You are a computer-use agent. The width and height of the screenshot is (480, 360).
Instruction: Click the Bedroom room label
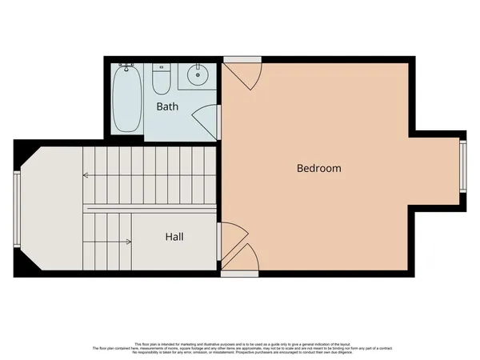[318, 169]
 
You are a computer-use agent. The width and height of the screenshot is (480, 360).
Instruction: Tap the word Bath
[167, 106]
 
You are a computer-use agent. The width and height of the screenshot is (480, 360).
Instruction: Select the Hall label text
[175, 237]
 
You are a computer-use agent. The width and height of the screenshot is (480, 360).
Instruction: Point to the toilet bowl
[161, 85]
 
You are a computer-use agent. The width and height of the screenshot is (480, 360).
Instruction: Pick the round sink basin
[197, 77]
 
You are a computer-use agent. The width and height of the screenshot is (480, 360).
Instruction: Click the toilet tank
[161, 68]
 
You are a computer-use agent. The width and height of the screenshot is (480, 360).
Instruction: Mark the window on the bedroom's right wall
[462, 166]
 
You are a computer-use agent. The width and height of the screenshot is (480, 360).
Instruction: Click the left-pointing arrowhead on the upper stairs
[86, 174]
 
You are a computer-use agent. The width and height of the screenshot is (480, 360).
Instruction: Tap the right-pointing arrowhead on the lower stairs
[129, 241]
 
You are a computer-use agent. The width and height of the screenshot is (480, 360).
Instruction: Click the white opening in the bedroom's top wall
[242, 59]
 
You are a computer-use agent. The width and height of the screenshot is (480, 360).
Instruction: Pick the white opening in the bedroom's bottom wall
[239, 274]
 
